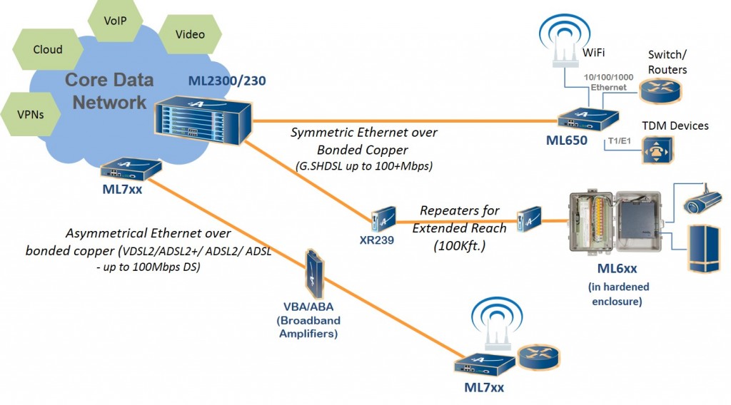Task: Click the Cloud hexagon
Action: click(47, 50)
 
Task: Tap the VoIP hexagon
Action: click(115, 21)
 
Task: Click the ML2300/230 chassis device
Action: click(202, 117)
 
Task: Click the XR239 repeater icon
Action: click(378, 215)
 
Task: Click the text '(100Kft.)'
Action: click(458, 245)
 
